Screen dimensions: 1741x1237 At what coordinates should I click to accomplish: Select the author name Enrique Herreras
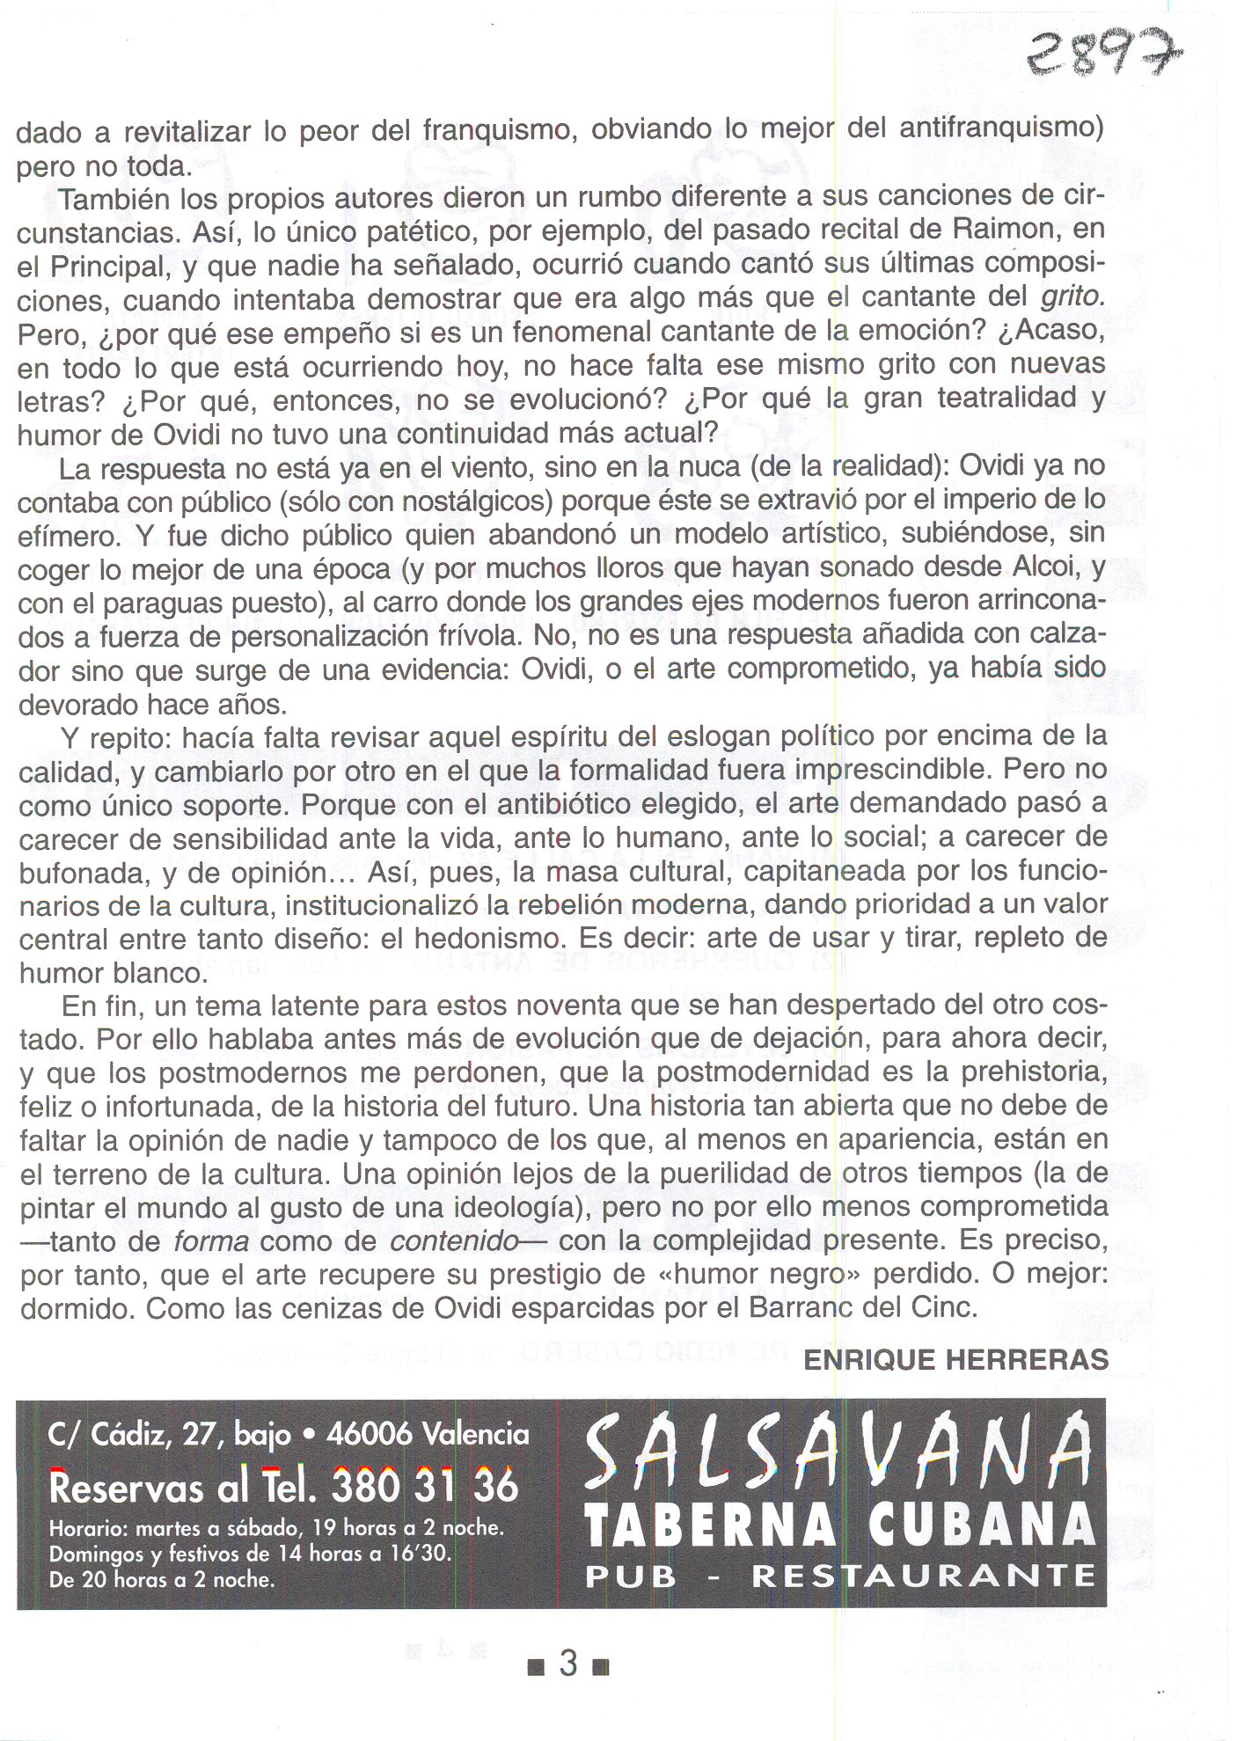955,1361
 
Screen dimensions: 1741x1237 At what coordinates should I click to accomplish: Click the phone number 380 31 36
426,1488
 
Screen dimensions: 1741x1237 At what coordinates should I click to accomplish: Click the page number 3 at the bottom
568,1664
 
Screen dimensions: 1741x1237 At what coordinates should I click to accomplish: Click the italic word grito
1072,296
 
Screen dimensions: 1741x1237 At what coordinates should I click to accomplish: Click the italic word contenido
454,1241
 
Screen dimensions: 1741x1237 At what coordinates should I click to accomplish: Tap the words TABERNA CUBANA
838,1525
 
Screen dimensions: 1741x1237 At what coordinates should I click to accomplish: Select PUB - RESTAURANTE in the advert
838,1576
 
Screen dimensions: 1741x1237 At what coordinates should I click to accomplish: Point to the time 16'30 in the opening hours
420,1554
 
